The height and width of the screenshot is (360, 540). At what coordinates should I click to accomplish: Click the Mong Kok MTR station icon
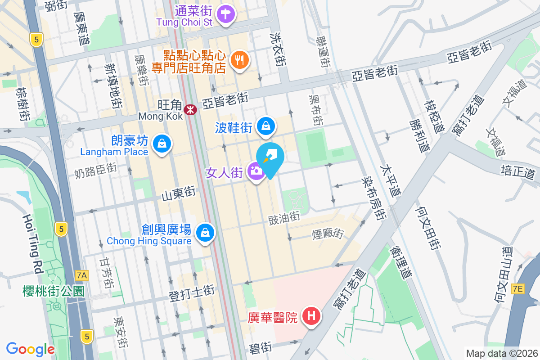coord(190,108)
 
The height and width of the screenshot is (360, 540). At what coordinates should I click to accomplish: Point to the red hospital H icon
coord(311,316)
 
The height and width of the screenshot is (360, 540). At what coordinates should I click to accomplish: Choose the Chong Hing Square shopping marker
coord(205,233)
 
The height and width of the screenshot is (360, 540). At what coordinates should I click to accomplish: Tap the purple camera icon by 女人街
coord(256,171)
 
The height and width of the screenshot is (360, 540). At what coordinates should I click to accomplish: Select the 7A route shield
coord(82,274)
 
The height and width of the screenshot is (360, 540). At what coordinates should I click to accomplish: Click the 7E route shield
coord(518,289)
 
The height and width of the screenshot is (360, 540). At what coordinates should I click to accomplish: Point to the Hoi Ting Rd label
coord(32,243)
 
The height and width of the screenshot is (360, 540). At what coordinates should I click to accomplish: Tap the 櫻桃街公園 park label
coord(53,291)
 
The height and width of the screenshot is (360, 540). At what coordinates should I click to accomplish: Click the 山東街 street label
coord(179,194)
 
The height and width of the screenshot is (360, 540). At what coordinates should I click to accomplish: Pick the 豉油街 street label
coord(284,217)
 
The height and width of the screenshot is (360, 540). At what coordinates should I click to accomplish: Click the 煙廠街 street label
coord(328,234)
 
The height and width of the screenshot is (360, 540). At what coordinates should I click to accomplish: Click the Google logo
coord(30,349)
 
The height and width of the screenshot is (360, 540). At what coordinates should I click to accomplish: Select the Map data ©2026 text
coord(501,353)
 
